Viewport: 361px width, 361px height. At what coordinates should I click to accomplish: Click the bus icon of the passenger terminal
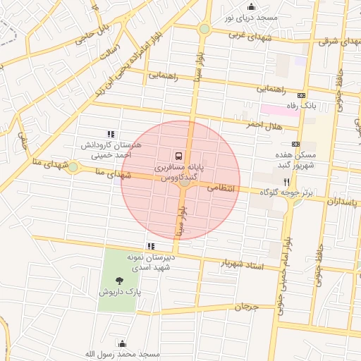click(x=178, y=155)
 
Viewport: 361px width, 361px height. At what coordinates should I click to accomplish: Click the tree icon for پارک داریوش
click(x=128, y=280)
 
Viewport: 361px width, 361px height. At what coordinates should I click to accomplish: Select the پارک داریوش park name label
click(x=120, y=291)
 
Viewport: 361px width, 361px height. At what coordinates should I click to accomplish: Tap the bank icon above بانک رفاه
click(x=302, y=94)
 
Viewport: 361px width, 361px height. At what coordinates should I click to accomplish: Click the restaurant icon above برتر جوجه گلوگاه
click(x=286, y=180)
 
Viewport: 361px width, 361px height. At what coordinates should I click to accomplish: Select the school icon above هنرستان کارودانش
click(x=110, y=133)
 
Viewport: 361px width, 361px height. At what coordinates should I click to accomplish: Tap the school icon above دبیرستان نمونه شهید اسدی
click(x=149, y=246)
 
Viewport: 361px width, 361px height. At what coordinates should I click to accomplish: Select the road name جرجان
click(x=247, y=307)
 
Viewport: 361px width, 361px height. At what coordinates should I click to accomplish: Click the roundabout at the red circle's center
click(x=182, y=181)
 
